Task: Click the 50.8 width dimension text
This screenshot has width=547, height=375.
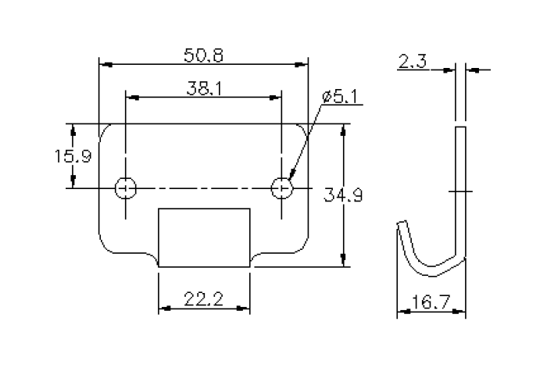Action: tap(202, 55)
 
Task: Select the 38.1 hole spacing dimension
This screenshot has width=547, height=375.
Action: tap(203, 89)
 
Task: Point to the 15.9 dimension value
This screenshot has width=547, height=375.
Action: tap(73, 156)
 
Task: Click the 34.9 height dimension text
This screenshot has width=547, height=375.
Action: tap(343, 195)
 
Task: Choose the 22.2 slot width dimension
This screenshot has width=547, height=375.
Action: tap(204, 298)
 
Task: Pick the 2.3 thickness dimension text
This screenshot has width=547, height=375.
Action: tap(412, 62)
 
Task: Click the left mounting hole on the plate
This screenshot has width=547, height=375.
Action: tap(125, 188)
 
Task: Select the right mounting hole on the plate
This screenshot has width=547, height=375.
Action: tap(282, 188)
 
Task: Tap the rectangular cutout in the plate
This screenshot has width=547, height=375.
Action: tap(204, 237)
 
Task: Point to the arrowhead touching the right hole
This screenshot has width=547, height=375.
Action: tap(291, 179)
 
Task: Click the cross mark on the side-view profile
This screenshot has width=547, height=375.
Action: tap(460, 191)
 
